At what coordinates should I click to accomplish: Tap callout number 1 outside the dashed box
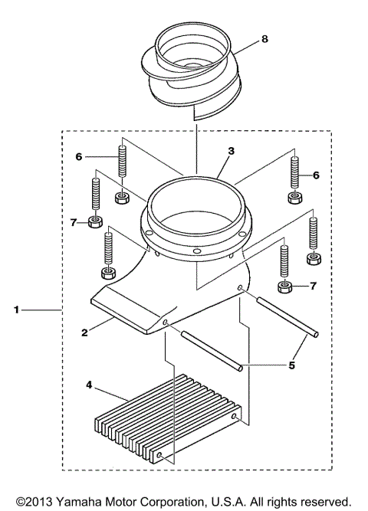[16, 310]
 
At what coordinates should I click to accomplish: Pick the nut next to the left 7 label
[96, 223]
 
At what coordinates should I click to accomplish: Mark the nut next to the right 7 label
[284, 288]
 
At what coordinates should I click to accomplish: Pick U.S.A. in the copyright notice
[228, 502]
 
